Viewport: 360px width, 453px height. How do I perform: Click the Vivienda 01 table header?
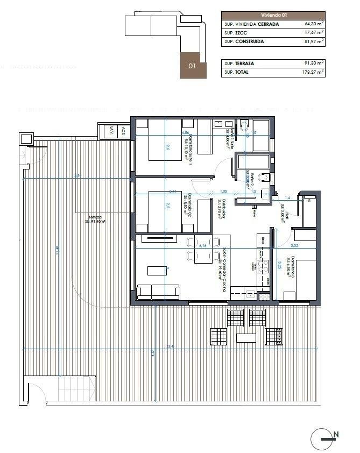point(273,16)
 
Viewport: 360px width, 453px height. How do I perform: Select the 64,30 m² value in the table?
point(313,24)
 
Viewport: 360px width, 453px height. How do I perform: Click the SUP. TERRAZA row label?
point(239,63)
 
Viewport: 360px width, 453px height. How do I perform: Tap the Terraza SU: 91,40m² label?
point(94,219)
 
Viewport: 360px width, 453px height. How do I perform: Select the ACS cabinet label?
point(123,130)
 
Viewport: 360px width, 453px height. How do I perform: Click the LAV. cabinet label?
point(111,130)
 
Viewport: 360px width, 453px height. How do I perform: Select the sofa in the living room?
point(158,293)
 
